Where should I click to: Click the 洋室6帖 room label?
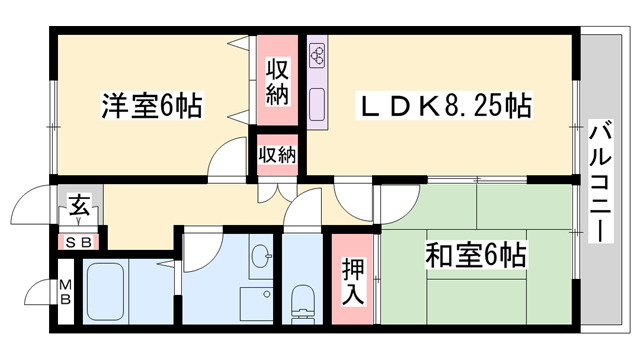(150, 105)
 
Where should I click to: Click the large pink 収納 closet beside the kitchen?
(278, 82)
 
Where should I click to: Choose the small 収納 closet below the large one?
(277, 154)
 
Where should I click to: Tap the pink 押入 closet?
(353, 281)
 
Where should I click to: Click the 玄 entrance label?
(78, 210)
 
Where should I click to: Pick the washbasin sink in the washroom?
(262, 257)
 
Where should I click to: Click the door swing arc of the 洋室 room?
(230, 160)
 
